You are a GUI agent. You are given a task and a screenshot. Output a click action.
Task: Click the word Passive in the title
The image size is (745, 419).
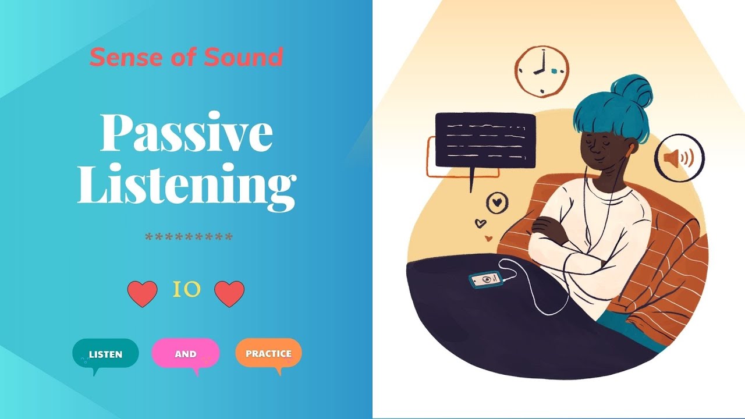186,134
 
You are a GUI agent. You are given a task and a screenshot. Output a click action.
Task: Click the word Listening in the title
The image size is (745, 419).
186,185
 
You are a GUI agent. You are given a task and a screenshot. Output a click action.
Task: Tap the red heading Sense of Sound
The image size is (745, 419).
186,57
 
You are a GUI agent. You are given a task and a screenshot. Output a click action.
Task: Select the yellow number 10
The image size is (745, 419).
187,289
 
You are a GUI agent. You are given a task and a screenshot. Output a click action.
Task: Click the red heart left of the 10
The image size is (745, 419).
142,293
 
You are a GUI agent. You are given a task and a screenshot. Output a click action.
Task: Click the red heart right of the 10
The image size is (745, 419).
229,293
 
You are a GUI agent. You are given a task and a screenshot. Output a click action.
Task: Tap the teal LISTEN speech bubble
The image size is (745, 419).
105,353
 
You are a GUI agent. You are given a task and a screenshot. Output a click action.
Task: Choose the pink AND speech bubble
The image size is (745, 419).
186,353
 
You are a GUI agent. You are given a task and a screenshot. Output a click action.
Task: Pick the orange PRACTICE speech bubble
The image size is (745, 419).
268,353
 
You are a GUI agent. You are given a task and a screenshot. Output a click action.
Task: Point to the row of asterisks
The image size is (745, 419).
189,238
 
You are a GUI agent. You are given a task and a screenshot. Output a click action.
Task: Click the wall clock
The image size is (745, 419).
541,72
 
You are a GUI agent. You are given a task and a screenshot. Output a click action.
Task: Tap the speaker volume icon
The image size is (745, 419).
679,158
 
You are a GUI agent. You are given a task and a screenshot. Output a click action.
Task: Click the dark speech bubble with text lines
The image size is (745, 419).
485,140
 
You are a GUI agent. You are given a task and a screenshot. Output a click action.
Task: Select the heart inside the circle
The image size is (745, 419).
497,203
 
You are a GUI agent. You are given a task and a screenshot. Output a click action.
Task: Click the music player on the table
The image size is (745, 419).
485,280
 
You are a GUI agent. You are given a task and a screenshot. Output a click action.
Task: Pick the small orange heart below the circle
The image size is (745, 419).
488,238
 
